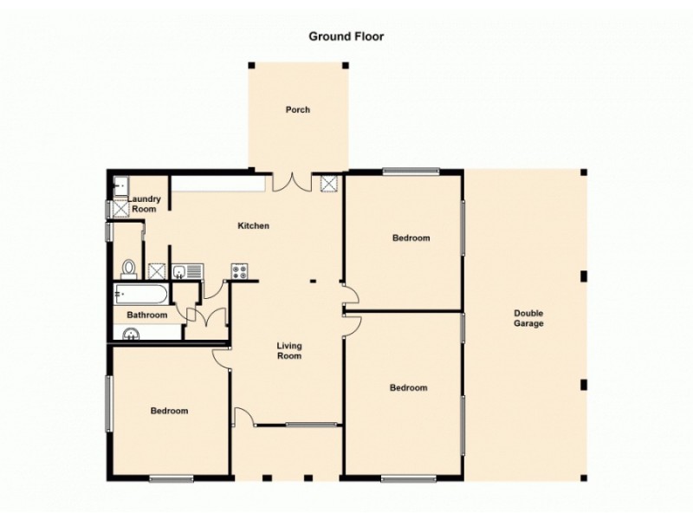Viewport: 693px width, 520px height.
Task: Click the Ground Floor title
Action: (x=346, y=36)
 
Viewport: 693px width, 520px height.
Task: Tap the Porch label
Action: (x=298, y=110)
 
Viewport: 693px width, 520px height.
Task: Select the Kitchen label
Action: (x=254, y=226)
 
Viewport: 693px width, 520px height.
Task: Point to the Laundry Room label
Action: (x=143, y=205)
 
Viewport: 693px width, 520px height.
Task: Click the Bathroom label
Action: (x=146, y=315)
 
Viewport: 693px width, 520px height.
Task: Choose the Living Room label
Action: (x=289, y=351)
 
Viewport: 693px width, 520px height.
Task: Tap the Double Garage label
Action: (x=528, y=318)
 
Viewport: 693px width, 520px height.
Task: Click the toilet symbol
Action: (x=129, y=269)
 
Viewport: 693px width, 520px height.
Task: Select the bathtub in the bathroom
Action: (x=142, y=294)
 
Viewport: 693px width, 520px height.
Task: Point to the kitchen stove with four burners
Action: (x=240, y=271)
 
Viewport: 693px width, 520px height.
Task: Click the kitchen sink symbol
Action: (x=186, y=272)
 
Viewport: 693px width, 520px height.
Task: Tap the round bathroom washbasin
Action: (x=132, y=333)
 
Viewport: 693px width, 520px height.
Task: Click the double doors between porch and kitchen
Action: (x=292, y=182)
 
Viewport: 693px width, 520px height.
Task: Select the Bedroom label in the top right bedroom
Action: (x=411, y=237)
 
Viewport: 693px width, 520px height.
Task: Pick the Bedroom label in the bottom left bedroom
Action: (x=169, y=411)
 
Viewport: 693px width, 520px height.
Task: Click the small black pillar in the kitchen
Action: (x=314, y=280)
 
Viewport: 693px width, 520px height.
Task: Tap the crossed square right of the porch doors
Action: (x=330, y=183)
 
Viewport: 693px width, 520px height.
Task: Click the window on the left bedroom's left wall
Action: (x=108, y=403)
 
